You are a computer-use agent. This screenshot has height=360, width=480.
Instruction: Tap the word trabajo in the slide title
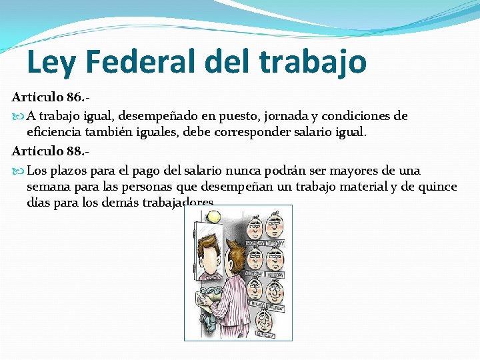(313, 62)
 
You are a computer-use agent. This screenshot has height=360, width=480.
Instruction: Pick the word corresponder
(253, 133)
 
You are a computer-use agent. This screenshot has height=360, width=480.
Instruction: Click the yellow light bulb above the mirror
(214, 217)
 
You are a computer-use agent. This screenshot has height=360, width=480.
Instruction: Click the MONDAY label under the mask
(256, 244)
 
